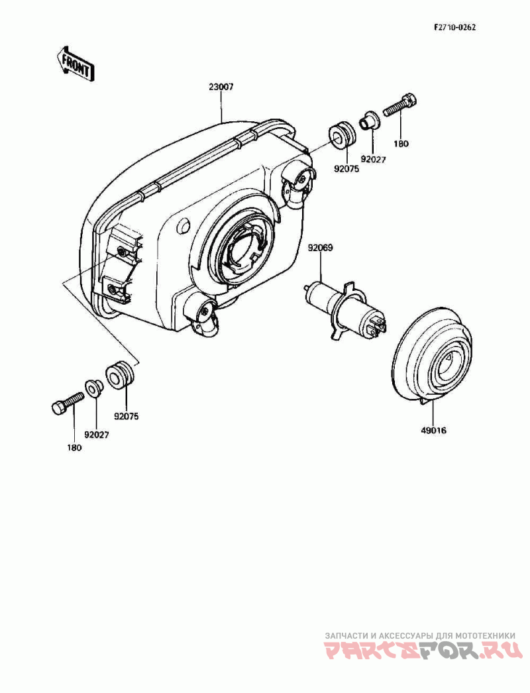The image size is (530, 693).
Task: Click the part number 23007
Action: tap(221, 87)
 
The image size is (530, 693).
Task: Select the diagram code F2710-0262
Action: tap(455, 28)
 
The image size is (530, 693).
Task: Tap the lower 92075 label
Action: tap(127, 417)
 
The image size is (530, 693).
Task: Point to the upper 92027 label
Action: tap(373, 159)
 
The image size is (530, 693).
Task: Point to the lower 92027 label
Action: tap(96, 435)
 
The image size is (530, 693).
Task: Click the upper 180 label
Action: tap(402, 143)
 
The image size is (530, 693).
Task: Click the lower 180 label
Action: tap(74, 448)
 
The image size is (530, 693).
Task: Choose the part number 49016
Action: tap(433, 430)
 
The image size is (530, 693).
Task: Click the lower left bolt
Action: tap(66, 402)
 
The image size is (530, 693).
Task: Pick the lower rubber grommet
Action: tap(119, 374)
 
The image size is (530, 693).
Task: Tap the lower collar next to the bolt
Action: tap(93, 387)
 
